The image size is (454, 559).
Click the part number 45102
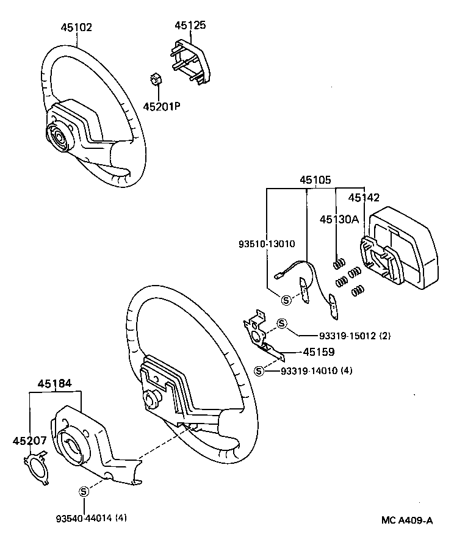point(76,27)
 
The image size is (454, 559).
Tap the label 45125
point(190,26)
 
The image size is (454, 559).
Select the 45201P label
point(162,106)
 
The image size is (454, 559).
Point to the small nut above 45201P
point(155,80)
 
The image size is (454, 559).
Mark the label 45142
point(364,198)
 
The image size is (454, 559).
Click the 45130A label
point(339,219)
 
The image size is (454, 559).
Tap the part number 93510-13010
point(267,243)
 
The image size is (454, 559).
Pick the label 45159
point(319,352)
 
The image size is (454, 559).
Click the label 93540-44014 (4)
point(92,519)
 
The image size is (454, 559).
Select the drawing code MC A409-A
point(407,521)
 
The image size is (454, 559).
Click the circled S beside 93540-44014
point(84,492)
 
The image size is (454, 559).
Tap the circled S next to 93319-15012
point(281,323)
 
